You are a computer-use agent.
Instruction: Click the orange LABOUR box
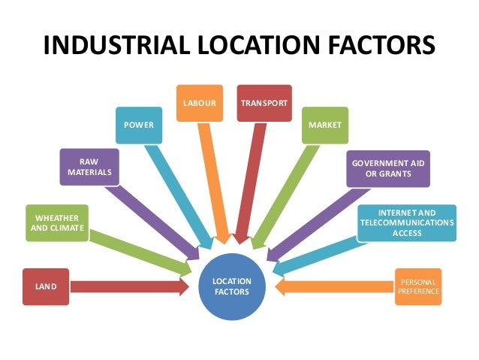(200, 102)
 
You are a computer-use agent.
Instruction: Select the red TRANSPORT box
(263, 102)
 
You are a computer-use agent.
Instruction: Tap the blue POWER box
(140, 125)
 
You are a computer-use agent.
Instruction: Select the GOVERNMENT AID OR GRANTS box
(388, 168)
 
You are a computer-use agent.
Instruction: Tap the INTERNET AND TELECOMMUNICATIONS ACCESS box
(405, 222)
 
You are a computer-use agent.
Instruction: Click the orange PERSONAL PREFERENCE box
(418, 286)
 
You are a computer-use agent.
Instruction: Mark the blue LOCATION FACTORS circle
(233, 286)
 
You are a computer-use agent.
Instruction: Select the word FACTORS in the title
(381, 45)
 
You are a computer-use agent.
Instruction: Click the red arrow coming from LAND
(128, 286)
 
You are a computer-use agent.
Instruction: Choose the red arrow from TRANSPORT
(251, 180)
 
